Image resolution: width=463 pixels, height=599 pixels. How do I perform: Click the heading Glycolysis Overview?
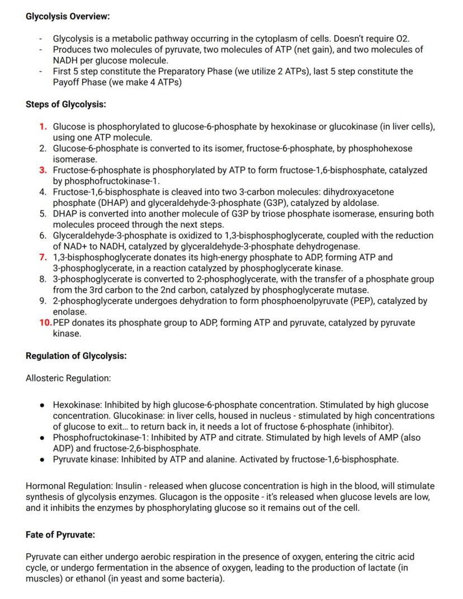(68, 16)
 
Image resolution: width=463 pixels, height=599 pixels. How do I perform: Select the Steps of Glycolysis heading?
(65, 104)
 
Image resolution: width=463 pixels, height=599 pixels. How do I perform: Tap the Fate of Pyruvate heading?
(60, 535)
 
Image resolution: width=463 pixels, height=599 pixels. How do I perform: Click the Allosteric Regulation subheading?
(68, 378)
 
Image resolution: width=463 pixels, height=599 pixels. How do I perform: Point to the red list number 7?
(43, 257)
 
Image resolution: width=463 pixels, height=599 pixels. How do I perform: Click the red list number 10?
(45, 323)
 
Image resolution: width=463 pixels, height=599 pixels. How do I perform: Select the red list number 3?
(43, 170)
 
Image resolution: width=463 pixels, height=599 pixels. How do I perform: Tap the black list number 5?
(43, 214)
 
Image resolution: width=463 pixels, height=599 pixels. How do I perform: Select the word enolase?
(69, 312)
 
